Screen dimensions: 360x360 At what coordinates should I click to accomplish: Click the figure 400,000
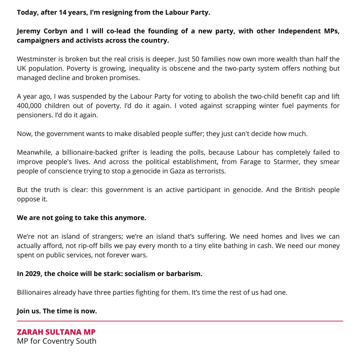pyautogui.click(x=32, y=106)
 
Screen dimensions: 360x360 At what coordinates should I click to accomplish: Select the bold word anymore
pyautogui.click(x=130, y=218)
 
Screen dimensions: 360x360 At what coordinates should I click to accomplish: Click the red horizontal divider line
pyautogui.click(x=180, y=321)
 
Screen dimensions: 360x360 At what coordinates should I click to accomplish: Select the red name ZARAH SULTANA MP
pyautogui.click(x=56, y=332)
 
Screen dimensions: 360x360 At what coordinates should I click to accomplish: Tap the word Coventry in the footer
pyautogui.click(x=59, y=341)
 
